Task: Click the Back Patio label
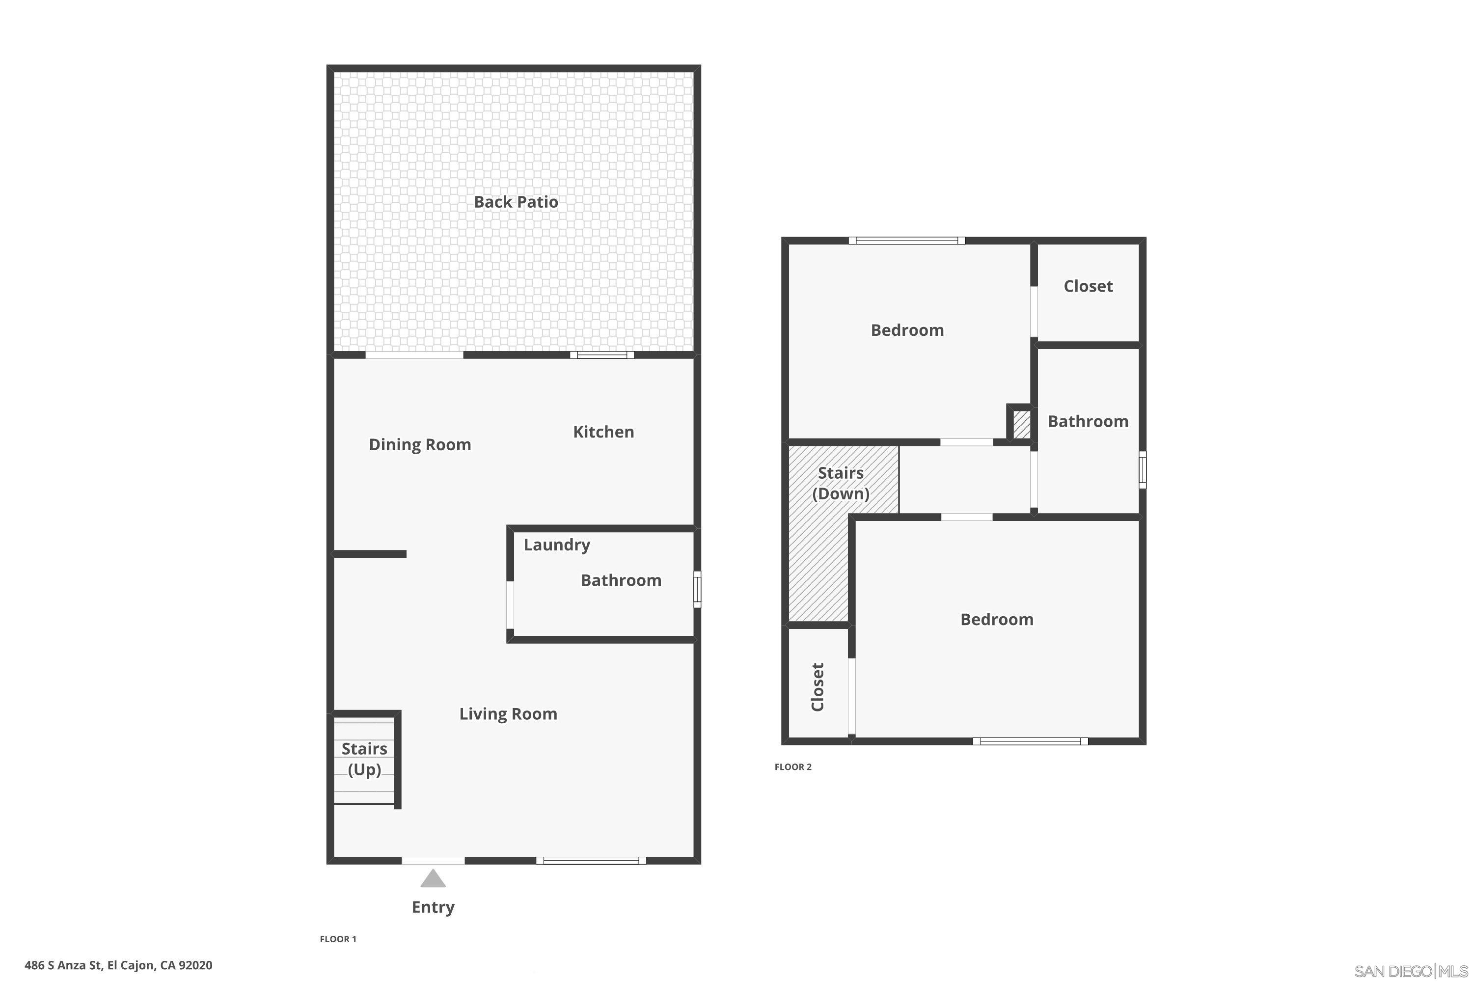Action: [516, 202]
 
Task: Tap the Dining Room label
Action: [420, 445]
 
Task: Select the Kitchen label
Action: [603, 432]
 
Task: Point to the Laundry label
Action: [557, 545]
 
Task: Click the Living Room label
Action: [508, 714]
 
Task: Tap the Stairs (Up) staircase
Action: [364, 759]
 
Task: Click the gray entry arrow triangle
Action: [433, 879]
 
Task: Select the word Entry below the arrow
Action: [433, 907]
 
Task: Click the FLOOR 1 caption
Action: [338, 939]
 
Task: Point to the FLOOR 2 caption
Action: [793, 766]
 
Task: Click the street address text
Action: [118, 965]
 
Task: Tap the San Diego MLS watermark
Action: [1412, 971]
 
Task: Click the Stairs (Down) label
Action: [841, 483]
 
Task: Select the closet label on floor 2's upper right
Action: [1088, 286]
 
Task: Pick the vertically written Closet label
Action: [818, 687]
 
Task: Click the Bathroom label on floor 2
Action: [1088, 421]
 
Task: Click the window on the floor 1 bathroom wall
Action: [697, 589]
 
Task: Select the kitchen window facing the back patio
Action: [602, 355]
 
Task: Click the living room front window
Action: [591, 861]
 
